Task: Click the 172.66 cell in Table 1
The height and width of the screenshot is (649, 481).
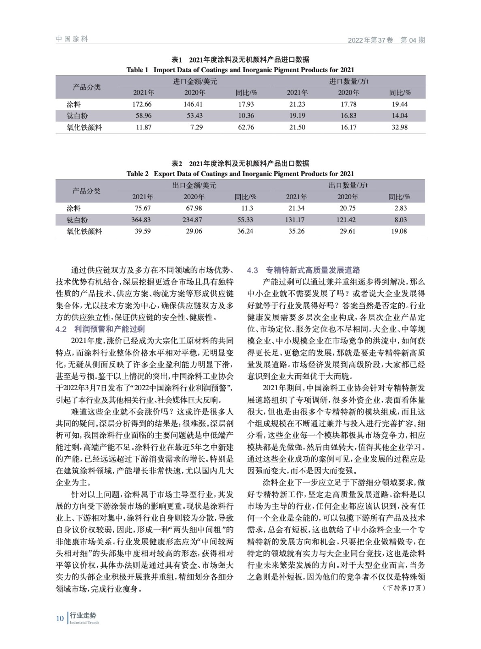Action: (142, 104)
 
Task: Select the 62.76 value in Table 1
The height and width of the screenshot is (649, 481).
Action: (246, 127)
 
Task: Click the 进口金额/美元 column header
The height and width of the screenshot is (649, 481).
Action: (195, 82)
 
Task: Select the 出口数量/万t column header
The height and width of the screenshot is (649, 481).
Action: (348, 185)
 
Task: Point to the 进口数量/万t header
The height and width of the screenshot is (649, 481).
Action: (348, 82)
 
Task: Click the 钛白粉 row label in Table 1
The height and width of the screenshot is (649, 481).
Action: (77, 116)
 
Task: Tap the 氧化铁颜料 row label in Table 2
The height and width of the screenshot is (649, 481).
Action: (84, 231)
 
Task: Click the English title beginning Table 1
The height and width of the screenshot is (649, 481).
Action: (240, 70)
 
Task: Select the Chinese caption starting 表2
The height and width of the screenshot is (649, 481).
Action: (240, 163)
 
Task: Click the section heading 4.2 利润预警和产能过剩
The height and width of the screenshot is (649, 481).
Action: (100, 329)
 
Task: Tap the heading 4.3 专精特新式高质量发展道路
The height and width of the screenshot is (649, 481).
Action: (304, 270)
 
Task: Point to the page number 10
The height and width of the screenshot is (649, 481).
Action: (60, 618)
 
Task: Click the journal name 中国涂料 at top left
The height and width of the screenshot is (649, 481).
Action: (72, 39)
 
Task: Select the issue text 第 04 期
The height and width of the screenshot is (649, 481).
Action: (413, 40)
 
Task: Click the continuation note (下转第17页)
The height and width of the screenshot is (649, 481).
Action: (404, 588)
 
